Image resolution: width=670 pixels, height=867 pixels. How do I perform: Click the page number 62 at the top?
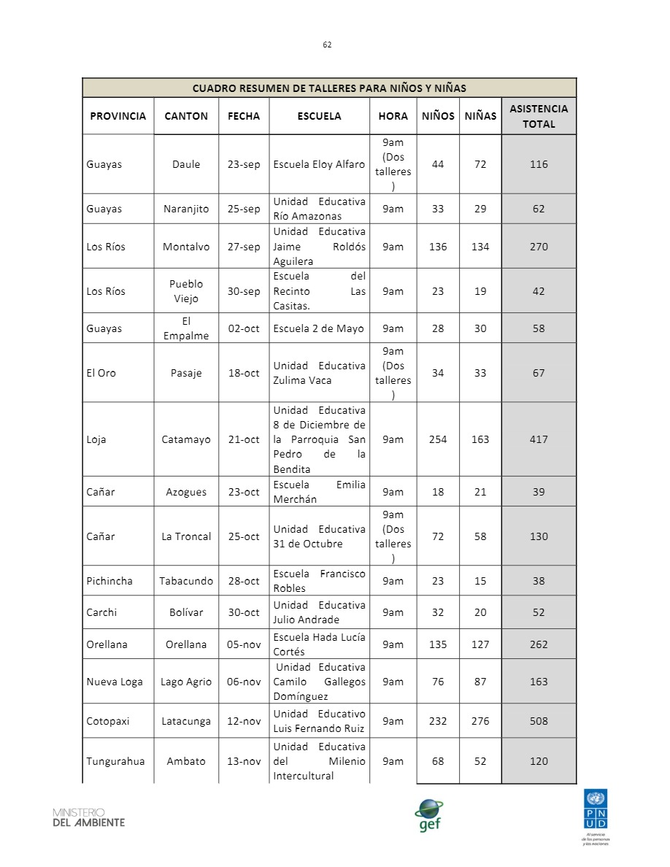tap(327, 45)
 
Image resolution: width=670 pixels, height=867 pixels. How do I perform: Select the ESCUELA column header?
tap(319, 116)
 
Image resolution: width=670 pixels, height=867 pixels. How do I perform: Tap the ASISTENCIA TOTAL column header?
tap(539, 116)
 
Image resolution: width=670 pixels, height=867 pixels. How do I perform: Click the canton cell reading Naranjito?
tap(186, 209)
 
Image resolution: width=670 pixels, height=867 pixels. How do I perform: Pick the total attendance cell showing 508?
tap(539, 721)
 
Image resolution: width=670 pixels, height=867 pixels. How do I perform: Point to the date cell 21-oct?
tap(244, 439)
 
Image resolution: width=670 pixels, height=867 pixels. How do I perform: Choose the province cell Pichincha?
tap(109, 581)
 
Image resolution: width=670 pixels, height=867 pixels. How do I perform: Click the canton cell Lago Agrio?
tap(186, 682)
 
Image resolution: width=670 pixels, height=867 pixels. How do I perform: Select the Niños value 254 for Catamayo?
tap(438, 439)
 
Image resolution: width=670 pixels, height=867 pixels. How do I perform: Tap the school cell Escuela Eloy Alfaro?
tap(319, 164)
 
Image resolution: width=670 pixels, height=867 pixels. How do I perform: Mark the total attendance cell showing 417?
tap(539, 439)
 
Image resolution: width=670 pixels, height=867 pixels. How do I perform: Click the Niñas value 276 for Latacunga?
tap(480, 721)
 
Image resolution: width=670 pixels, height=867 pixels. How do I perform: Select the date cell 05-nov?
tap(244, 644)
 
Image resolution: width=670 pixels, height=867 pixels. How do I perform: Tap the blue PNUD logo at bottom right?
tap(596, 810)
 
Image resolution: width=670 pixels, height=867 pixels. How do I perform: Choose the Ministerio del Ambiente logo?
tap(88, 817)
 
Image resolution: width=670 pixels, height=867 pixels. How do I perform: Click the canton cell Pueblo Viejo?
tap(186, 291)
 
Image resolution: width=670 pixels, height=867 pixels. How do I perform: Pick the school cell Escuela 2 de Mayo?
tap(319, 328)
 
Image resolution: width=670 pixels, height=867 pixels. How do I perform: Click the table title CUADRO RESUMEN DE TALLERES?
tap(329, 88)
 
